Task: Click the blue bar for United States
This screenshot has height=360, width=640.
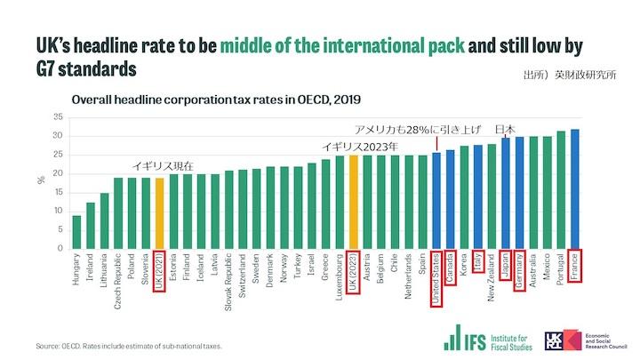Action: (436, 199)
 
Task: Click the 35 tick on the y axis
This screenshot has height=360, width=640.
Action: (58, 117)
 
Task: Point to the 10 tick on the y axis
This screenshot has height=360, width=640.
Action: (58, 211)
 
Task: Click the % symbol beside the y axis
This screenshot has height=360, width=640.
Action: (41, 180)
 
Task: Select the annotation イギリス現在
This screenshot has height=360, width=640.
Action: (163, 166)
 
